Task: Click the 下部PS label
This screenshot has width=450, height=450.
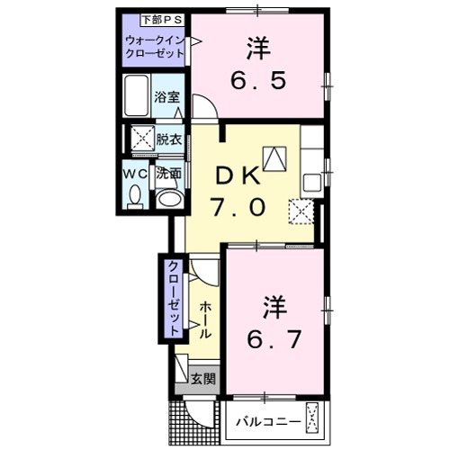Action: point(154,18)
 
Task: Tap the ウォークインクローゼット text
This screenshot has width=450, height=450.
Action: point(156,47)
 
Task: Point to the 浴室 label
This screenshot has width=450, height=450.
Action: point(166,97)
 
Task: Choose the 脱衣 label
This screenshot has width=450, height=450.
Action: point(168,139)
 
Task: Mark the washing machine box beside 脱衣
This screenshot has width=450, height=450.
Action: point(142,139)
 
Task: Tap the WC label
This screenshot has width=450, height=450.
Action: point(135,171)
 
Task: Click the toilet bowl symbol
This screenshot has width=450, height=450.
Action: point(134,194)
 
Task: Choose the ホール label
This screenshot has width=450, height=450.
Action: point(205,320)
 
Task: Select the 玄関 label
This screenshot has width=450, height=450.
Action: point(203,380)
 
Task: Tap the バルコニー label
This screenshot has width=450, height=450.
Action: point(264,419)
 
